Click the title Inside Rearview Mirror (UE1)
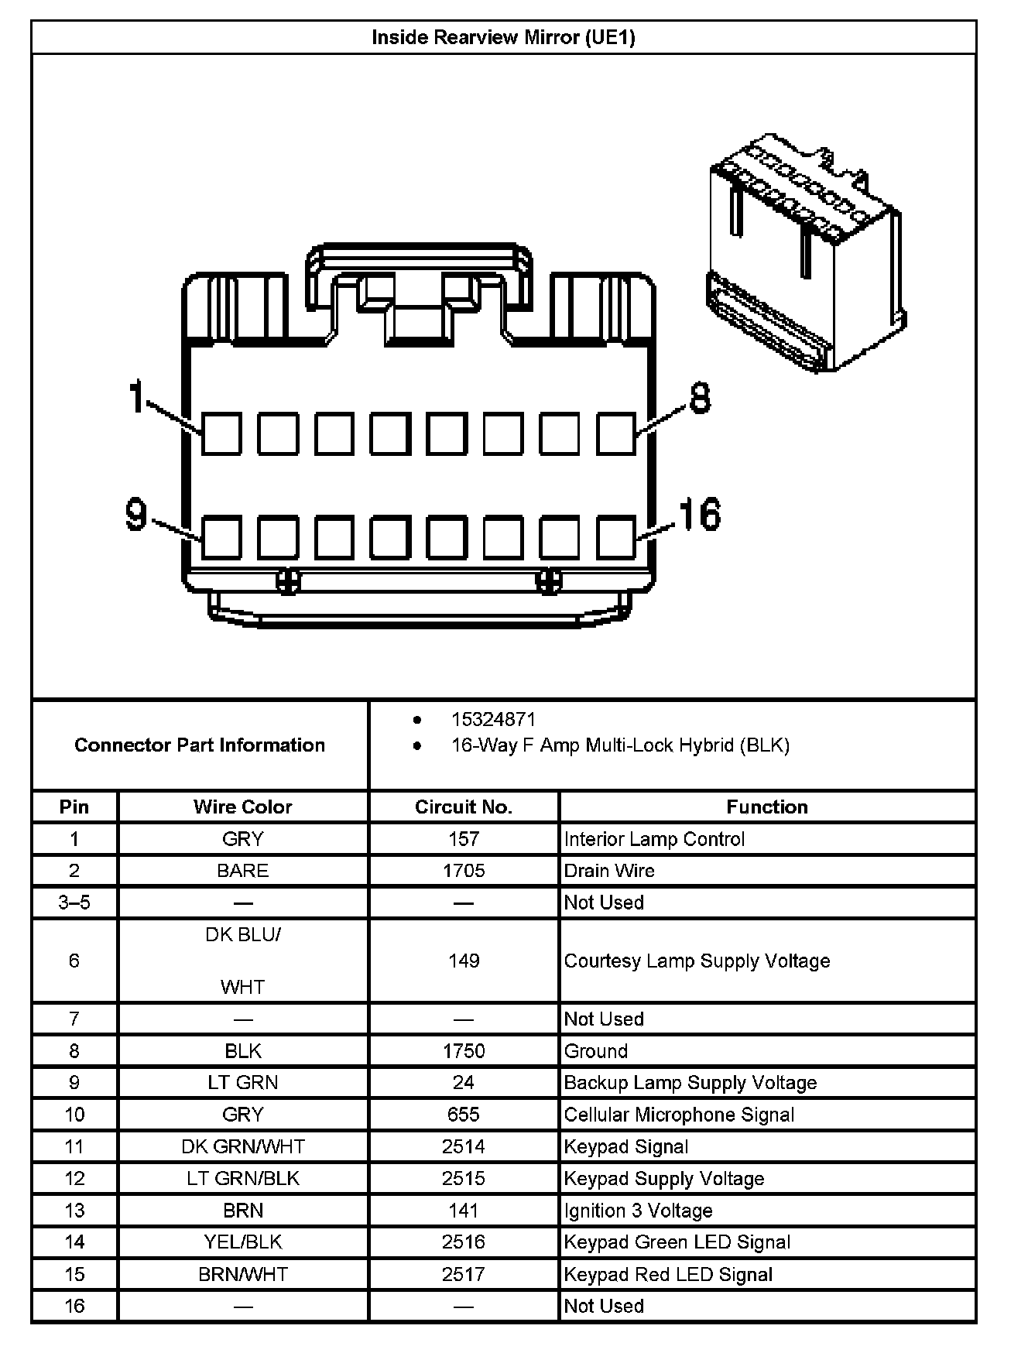[x=503, y=37]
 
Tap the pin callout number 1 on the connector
[x=137, y=396]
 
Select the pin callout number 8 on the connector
[x=699, y=398]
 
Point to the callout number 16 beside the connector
[x=699, y=514]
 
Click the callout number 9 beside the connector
[x=136, y=514]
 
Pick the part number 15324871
[x=493, y=719]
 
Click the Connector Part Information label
[x=200, y=745]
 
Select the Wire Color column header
[x=242, y=807]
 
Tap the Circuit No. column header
[x=464, y=807]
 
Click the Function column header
[x=766, y=807]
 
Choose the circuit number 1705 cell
[x=464, y=870]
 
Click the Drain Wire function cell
[x=609, y=870]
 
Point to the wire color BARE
[x=242, y=870]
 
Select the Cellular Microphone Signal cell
[x=679, y=1114]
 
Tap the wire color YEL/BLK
[x=242, y=1242]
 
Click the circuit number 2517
[x=464, y=1273]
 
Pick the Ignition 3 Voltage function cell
[x=638, y=1210]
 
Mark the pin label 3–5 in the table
[x=74, y=902]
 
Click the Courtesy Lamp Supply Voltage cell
[x=697, y=961]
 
